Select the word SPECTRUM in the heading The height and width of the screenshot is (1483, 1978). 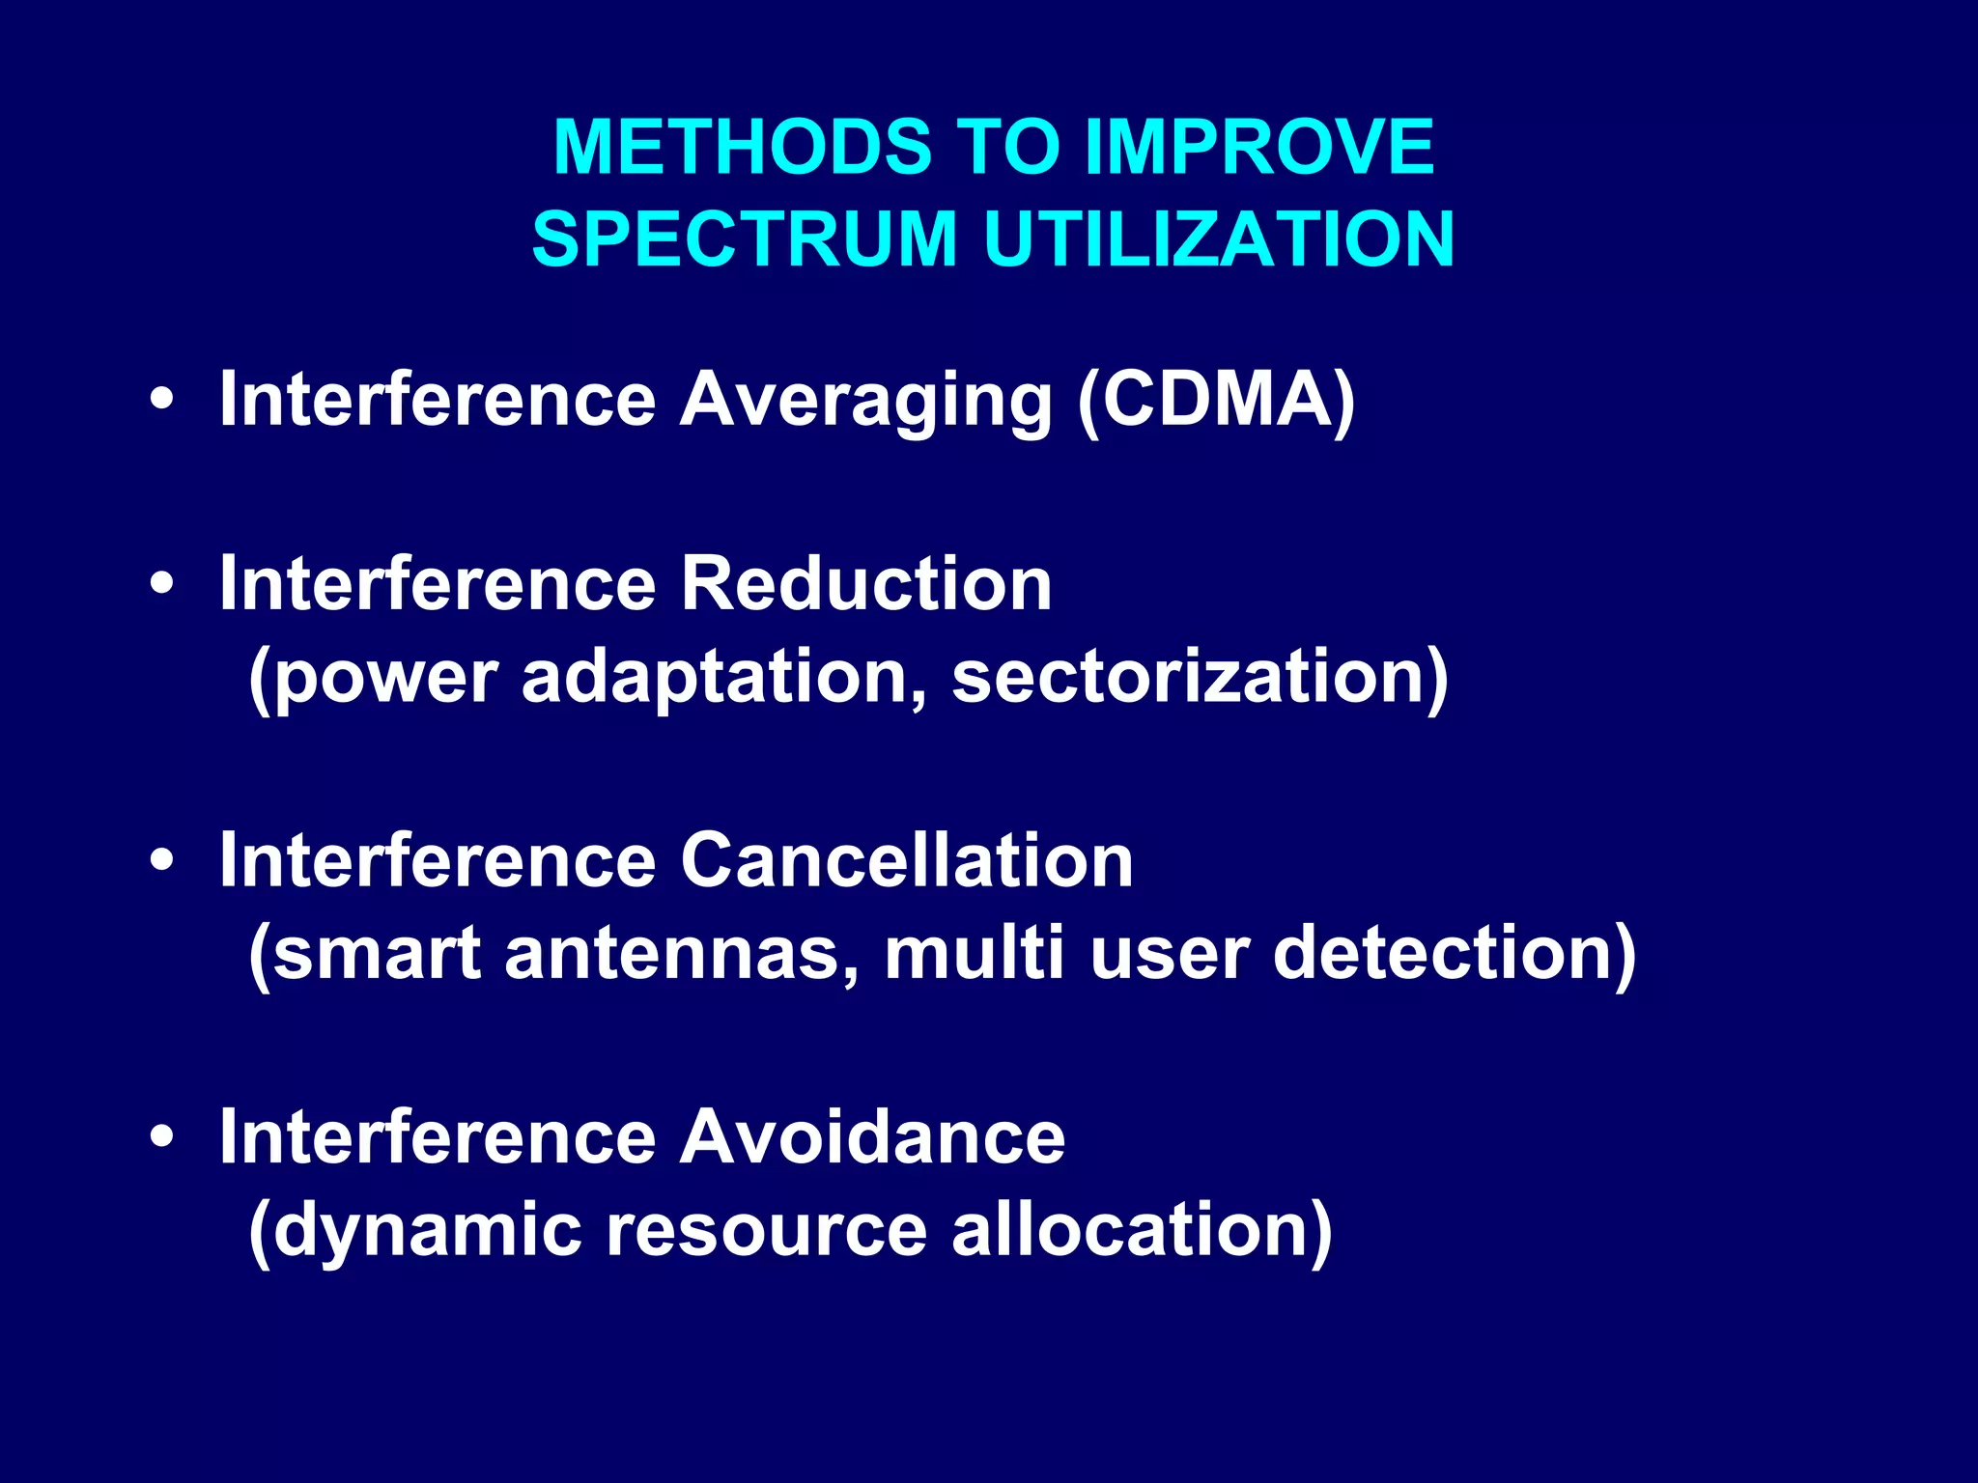tap(744, 238)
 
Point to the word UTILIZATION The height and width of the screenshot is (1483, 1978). tap(1219, 238)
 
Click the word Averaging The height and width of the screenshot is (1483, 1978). tap(865, 401)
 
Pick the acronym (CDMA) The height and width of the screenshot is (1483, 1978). tap(1217, 401)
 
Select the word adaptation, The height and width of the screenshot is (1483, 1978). tap(724, 677)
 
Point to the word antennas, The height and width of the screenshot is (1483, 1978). tap(681, 954)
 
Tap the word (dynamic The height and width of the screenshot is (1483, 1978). tap(414, 1231)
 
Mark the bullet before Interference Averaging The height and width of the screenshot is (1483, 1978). tap(162, 401)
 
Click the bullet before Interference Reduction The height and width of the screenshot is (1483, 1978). tap(162, 584)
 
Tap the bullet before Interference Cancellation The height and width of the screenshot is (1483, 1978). tap(162, 860)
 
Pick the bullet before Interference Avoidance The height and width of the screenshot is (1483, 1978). tap(162, 1137)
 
